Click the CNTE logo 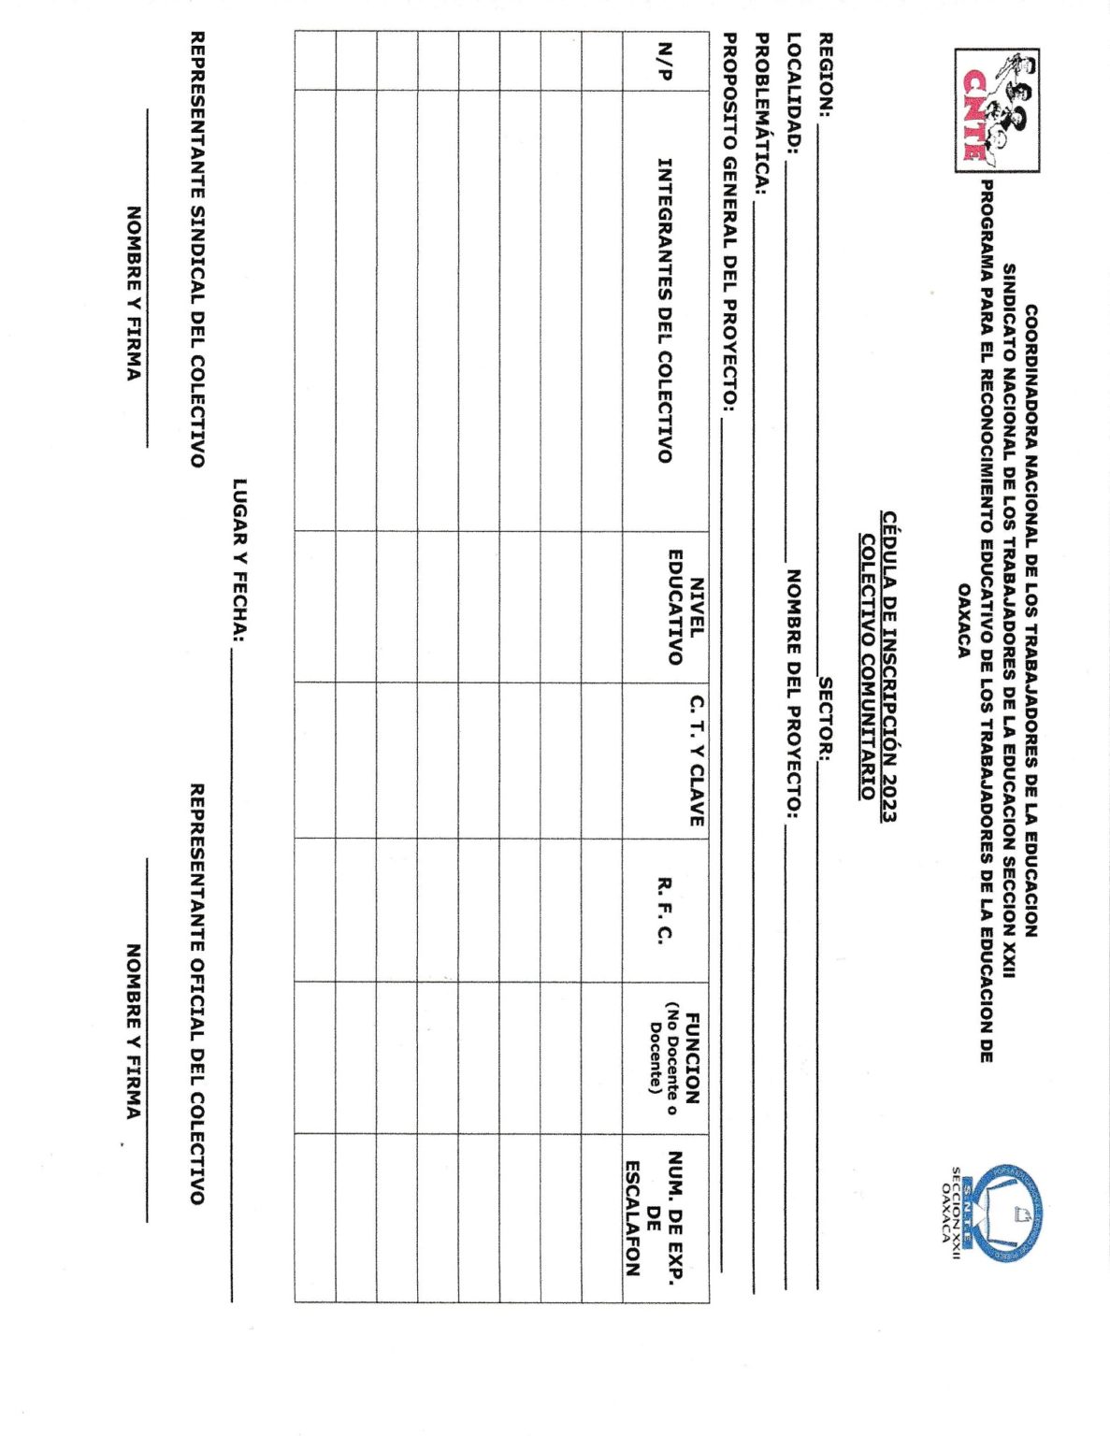pyautogui.click(x=996, y=110)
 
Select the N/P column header pyautogui.click(x=665, y=62)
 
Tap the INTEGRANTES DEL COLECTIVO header pyautogui.click(x=665, y=310)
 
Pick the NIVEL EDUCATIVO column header pyautogui.click(x=685, y=607)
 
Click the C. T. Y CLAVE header pyautogui.click(x=697, y=760)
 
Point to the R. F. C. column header pyautogui.click(x=665, y=910)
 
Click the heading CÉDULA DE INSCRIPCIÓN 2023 pyautogui.click(x=889, y=667)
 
